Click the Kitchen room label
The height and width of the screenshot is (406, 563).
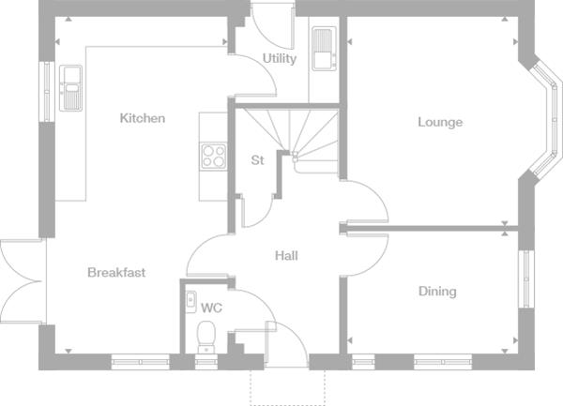point(143,118)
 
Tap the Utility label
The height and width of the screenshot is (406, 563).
point(280,58)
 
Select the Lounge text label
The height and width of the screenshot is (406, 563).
point(440,122)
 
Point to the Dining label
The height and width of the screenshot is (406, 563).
point(437,292)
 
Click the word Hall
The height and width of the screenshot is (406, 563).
point(286,255)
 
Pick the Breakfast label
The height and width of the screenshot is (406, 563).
point(116,273)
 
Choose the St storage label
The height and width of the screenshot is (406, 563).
point(257,160)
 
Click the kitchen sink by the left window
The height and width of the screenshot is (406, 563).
point(71,87)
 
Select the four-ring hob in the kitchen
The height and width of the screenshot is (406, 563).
point(214,155)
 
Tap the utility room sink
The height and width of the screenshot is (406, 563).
point(323,49)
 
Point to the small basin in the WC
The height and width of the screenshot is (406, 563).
point(189,301)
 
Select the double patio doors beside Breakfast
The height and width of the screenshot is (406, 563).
point(21,281)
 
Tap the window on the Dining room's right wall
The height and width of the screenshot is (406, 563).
point(525,285)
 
